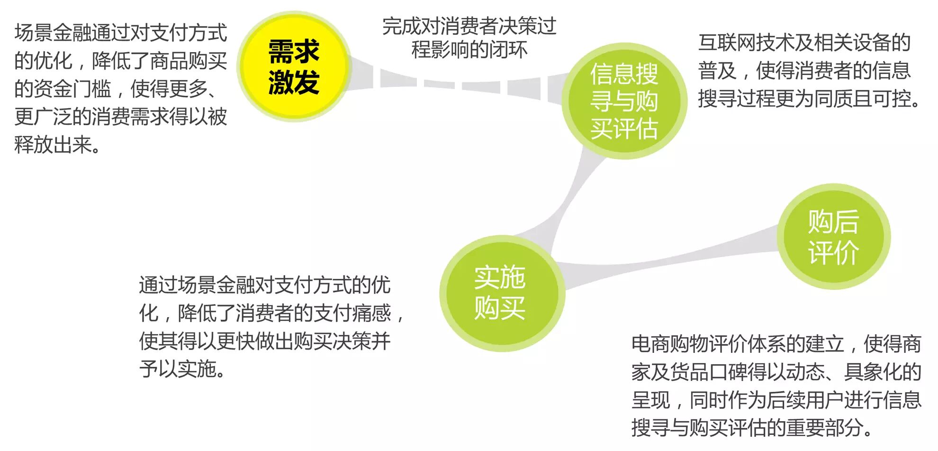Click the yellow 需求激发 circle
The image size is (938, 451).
(294, 66)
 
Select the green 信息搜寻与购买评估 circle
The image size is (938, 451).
(624, 101)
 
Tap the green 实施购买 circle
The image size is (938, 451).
(501, 293)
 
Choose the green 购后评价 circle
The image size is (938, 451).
(833, 237)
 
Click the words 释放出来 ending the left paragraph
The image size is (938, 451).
(53, 145)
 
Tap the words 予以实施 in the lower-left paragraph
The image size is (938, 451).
(178, 369)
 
